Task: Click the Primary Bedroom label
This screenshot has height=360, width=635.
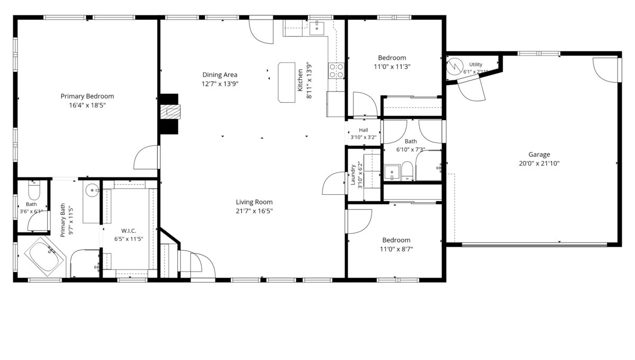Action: [87, 96]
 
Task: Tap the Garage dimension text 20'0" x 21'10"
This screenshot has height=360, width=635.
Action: [539, 164]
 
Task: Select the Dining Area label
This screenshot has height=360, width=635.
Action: [220, 75]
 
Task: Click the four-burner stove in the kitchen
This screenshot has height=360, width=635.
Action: [336, 70]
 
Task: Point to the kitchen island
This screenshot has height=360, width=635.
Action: [287, 82]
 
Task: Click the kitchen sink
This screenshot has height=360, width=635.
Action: [316, 28]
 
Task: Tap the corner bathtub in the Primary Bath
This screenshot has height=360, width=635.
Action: [45, 256]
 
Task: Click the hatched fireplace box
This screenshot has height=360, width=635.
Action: [170, 112]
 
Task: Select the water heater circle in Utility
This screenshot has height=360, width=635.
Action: [455, 66]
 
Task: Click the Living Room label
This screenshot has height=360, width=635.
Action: [254, 202]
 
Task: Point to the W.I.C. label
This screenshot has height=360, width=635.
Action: [129, 231]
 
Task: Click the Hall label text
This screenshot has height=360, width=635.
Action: [364, 130]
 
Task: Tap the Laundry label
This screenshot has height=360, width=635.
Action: [353, 175]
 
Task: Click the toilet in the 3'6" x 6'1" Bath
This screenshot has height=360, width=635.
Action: [34, 190]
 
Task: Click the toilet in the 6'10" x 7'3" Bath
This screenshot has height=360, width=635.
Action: [407, 171]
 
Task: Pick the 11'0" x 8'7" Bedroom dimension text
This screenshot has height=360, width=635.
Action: [396, 249]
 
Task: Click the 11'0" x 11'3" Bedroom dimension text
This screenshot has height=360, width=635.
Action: [392, 67]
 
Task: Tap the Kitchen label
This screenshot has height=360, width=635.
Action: [300, 80]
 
